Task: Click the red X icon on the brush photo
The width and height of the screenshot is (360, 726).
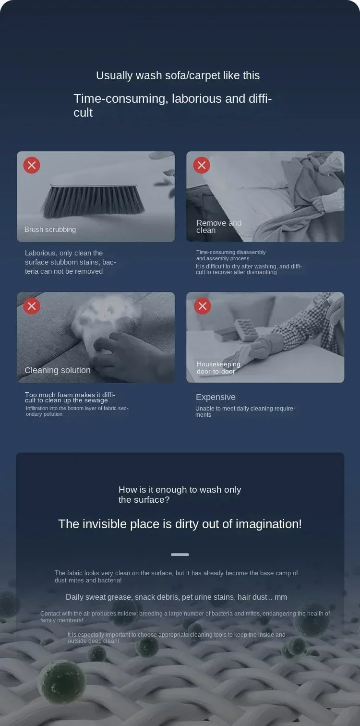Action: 32,165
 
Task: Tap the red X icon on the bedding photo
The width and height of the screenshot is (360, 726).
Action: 202,165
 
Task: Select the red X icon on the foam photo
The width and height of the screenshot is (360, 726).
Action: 32,306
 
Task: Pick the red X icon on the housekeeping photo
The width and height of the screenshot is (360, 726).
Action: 203,306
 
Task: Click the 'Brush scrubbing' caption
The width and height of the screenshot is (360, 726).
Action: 50,230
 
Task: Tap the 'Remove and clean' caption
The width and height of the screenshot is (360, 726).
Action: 219,227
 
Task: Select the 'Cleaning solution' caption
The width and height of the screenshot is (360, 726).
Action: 57,370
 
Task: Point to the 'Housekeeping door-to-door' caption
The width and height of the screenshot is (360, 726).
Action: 218,368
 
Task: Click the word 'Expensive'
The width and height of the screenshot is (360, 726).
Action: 216,397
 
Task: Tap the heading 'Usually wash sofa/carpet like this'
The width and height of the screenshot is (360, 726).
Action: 178,75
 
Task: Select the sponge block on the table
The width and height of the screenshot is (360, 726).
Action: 247,330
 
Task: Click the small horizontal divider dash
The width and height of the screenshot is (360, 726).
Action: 180,555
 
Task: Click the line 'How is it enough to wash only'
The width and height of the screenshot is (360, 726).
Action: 180,489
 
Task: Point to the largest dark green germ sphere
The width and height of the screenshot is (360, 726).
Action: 61,683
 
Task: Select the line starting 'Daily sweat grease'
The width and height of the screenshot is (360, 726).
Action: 176,597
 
